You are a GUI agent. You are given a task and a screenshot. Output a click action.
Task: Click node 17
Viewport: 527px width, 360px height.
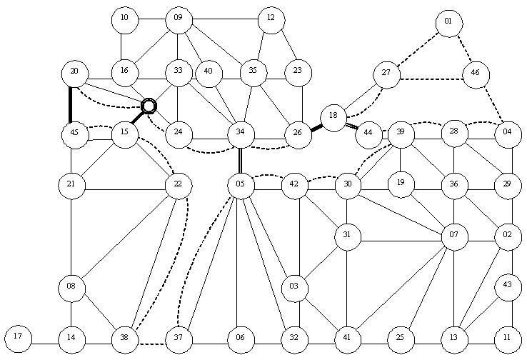click(x=18, y=339)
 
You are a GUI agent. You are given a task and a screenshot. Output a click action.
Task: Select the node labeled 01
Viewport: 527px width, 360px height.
click(x=448, y=23)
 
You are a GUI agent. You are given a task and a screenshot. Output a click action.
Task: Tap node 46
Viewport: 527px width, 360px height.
click(x=476, y=74)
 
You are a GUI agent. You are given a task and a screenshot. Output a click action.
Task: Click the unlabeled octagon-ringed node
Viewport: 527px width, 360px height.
click(x=149, y=106)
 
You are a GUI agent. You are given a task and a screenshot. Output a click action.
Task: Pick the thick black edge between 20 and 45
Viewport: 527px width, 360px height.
click(x=70, y=105)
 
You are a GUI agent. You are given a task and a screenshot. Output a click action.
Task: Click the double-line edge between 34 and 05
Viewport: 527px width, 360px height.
click(x=241, y=160)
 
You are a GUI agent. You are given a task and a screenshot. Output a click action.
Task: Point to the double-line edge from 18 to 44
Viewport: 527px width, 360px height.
click(x=352, y=126)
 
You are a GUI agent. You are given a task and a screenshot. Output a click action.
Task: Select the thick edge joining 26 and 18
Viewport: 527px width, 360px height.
click(x=316, y=128)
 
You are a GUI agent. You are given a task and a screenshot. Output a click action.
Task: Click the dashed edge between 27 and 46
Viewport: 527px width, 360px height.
click(x=431, y=79)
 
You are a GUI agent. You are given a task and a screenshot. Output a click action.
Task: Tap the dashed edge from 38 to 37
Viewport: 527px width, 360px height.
click(x=153, y=344)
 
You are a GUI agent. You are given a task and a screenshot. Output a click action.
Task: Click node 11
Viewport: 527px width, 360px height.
click(x=508, y=339)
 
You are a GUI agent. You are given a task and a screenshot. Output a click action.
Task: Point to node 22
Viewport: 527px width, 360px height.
click(x=179, y=186)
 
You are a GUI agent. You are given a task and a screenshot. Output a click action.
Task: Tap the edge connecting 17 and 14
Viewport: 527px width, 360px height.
click(x=45, y=344)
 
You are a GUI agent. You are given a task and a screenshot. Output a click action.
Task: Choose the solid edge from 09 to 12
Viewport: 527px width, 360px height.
click(x=225, y=19)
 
